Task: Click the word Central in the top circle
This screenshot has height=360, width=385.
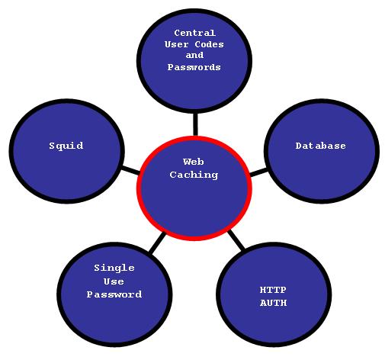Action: (195, 33)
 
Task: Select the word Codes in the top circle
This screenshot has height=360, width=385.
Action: (210, 44)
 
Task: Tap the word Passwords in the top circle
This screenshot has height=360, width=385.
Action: (194, 67)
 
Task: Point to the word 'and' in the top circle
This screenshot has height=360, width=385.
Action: (194, 55)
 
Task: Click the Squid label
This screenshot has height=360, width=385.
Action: (66, 146)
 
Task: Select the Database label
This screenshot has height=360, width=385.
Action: (321, 146)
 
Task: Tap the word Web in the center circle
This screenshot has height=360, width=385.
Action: (194, 162)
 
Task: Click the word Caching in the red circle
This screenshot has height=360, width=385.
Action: (194, 175)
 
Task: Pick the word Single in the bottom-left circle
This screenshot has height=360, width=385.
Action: (114, 268)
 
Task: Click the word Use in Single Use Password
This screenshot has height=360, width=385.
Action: (114, 281)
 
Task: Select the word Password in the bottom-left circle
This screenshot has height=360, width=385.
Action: (114, 294)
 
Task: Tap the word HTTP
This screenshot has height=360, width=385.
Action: (273, 290)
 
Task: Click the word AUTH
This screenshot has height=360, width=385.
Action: (274, 303)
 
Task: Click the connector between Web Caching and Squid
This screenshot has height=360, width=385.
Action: (130, 170)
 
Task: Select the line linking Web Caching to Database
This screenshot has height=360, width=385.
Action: (258, 172)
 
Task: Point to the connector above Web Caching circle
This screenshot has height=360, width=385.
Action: (195, 124)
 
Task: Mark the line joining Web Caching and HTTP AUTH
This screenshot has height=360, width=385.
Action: (236, 239)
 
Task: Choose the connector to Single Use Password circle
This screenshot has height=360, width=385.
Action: (157, 243)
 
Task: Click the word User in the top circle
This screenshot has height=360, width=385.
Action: (177, 44)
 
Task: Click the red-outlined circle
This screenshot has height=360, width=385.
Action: (138, 188)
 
